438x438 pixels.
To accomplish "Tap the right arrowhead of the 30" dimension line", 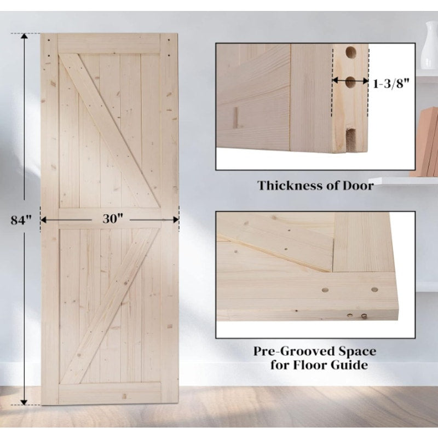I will pos(176,219).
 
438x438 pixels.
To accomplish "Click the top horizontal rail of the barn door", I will pos(109,44).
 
